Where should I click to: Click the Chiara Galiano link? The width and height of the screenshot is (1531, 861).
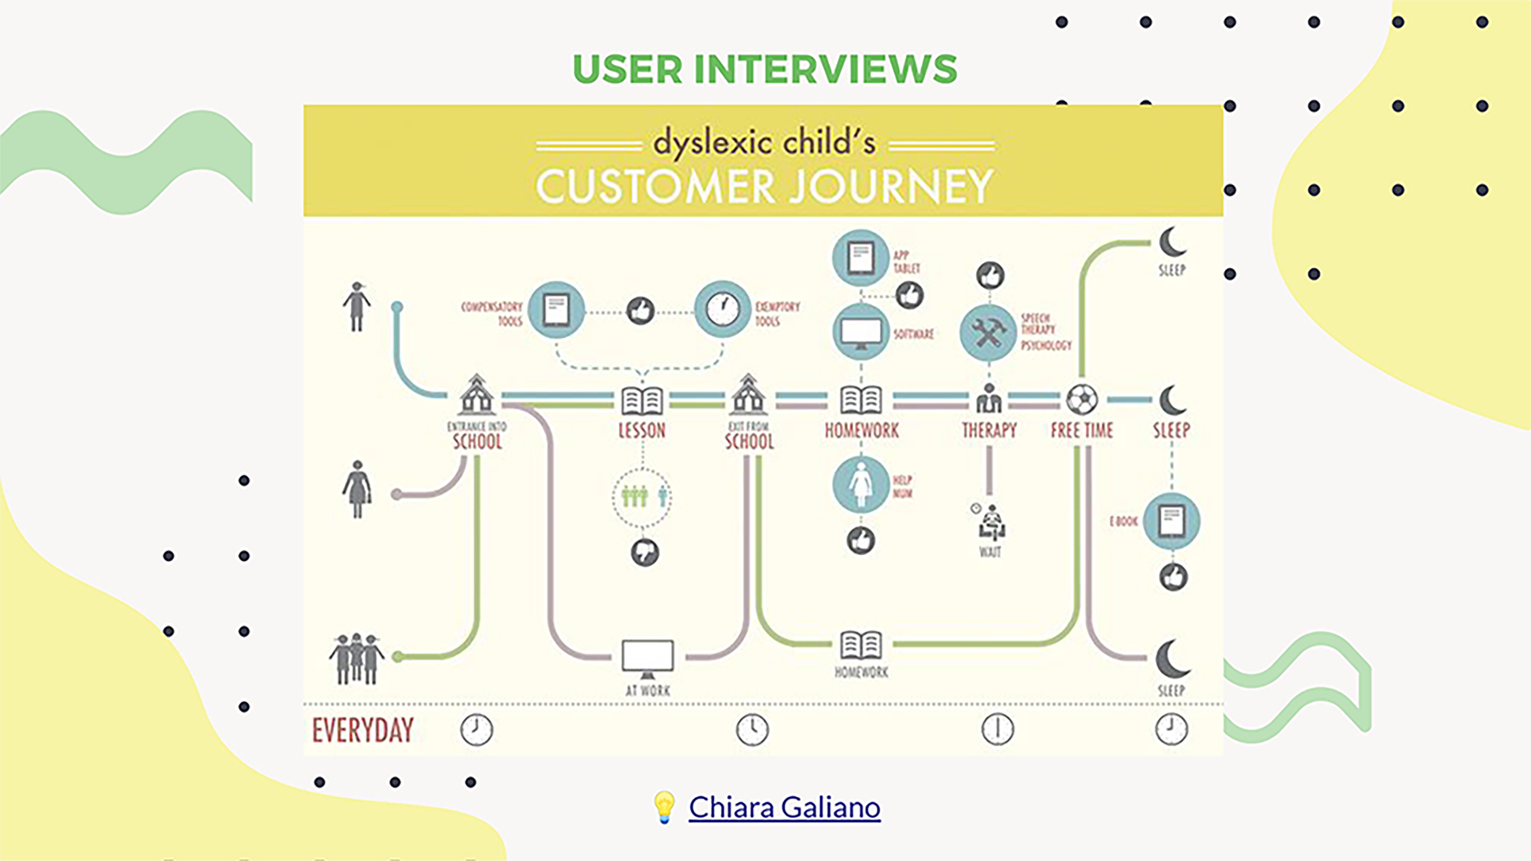pos(784,807)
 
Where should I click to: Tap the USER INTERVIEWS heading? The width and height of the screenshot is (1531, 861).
pos(765,69)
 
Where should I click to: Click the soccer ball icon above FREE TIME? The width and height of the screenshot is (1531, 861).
pos(1082,399)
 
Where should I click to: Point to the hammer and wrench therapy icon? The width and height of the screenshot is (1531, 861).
pos(988,333)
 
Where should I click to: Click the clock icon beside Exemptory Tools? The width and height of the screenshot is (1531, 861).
pos(723,310)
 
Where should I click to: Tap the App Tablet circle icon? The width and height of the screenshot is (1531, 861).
pos(860,259)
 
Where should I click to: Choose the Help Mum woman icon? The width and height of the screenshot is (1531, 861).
pos(860,484)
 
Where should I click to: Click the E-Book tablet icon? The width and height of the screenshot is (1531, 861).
pos(1171,521)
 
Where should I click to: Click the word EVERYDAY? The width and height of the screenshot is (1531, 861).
pos(362,730)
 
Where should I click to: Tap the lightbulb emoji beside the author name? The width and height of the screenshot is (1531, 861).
pos(664,807)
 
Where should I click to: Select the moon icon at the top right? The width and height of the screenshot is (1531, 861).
pos(1172,242)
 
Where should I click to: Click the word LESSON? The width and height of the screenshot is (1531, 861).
pos(642,430)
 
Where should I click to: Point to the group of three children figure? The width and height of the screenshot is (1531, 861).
pos(357,659)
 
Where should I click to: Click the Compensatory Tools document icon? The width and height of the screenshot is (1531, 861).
pos(556,310)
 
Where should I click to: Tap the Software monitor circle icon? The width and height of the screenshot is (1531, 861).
pos(860,332)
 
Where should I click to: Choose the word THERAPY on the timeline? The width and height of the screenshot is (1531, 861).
pos(989,430)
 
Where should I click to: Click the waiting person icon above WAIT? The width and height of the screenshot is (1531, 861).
pos(990,523)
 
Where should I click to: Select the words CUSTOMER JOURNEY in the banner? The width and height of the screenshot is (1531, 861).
pos(764,186)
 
